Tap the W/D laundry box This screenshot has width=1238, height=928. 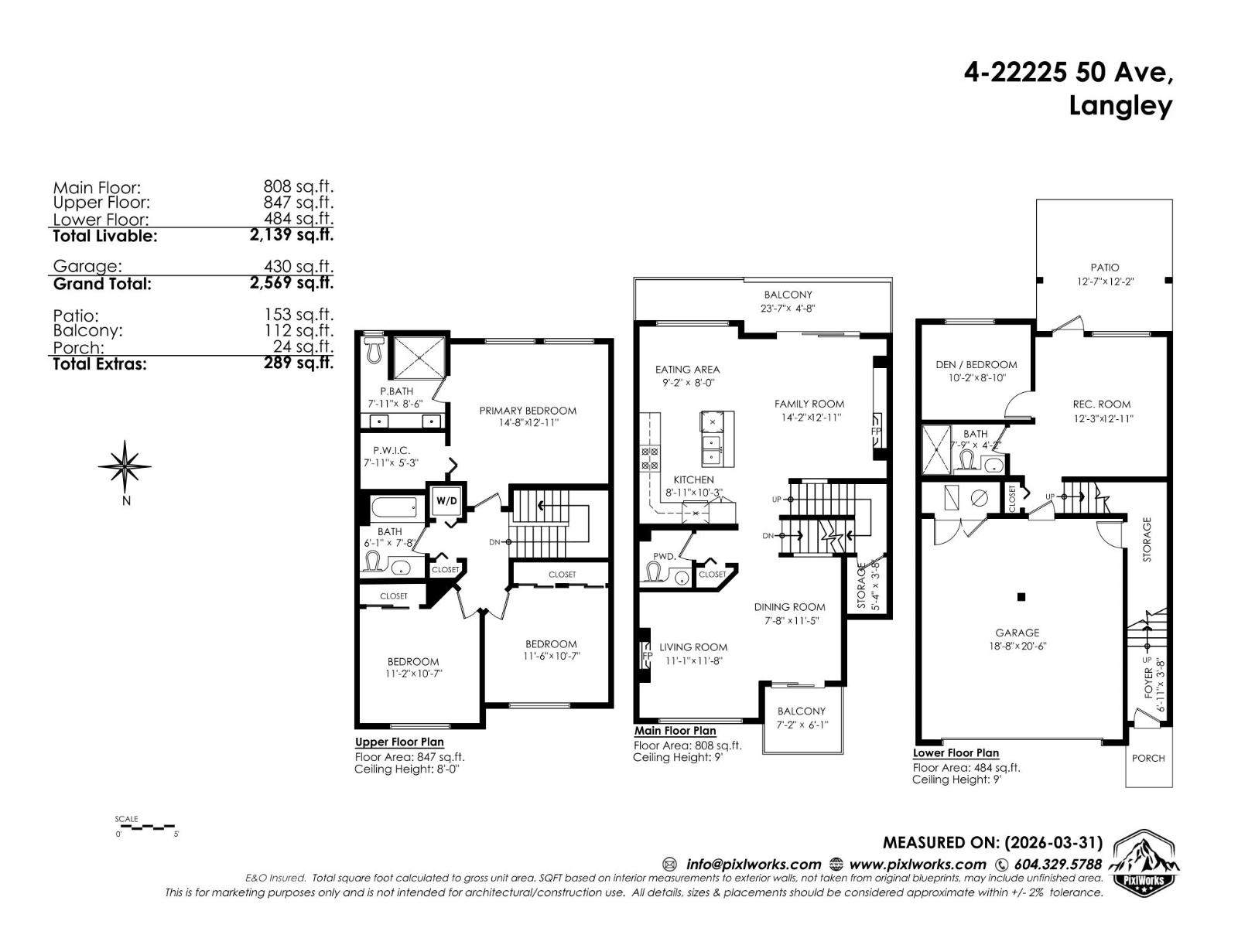click(x=446, y=501)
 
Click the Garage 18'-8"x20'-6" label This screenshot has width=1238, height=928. click(x=1017, y=639)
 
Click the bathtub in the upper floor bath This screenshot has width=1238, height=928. click(x=395, y=508)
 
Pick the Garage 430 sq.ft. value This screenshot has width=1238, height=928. click(x=298, y=266)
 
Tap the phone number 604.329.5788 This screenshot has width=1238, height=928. click(x=1058, y=865)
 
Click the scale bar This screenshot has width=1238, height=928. click(x=147, y=827)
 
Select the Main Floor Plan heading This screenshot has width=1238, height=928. click(x=675, y=731)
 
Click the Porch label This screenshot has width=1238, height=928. click(x=1148, y=758)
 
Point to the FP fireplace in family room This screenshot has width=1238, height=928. click(x=877, y=431)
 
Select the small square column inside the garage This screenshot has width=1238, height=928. click(x=1021, y=596)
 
